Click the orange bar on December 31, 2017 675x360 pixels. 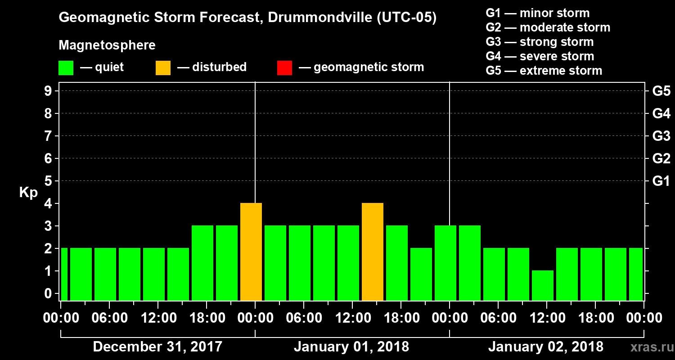click(x=251, y=252)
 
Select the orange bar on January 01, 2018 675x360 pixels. click(x=373, y=252)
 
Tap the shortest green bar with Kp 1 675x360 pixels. click(x=542, y=285)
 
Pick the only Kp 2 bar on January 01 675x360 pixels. click(x=421, y=274)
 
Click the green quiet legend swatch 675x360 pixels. click(x=66, y=67)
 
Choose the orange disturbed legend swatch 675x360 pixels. click(x=163, y=67)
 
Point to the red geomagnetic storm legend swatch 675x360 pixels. click(x=284, y=67)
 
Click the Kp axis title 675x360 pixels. click(x=28, y=193)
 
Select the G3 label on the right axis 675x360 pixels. click(x=661, y=136)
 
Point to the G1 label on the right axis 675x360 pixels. click(x=661, y=181)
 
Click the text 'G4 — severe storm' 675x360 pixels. click(x=540, y=56)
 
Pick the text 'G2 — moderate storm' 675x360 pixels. click(x=548, y=27)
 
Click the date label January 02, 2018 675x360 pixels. click(x=545, y=347)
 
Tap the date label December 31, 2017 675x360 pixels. click(x=157, y=347)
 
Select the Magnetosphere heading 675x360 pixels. click(x=107, y=45)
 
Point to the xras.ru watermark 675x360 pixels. click(x=649, y=347)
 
